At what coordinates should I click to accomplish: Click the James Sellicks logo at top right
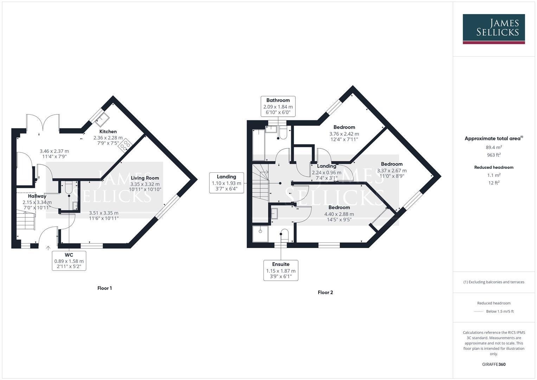(493, 29)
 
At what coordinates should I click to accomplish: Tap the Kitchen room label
(108, 132)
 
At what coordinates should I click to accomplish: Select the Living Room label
(145, 178)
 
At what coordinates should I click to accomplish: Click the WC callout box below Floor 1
(69, 261)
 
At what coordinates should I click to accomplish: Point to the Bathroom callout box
(278, 106)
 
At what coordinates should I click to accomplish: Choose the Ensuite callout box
(281, 270)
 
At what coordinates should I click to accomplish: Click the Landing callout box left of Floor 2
(226, 183)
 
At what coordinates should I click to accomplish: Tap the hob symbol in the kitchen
(125, 145)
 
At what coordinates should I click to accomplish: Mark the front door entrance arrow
(48, 248)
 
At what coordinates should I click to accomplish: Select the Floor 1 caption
(104, 288)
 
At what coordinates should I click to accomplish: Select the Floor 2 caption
(325, 292)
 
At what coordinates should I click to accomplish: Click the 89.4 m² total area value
(494, 147)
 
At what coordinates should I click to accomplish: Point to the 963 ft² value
(494, 155)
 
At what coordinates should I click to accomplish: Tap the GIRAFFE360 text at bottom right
(494, 364)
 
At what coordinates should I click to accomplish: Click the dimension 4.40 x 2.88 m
(339, 214)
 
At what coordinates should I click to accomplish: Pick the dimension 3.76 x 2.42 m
(344, 134)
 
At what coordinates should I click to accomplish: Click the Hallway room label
(37, 196)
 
